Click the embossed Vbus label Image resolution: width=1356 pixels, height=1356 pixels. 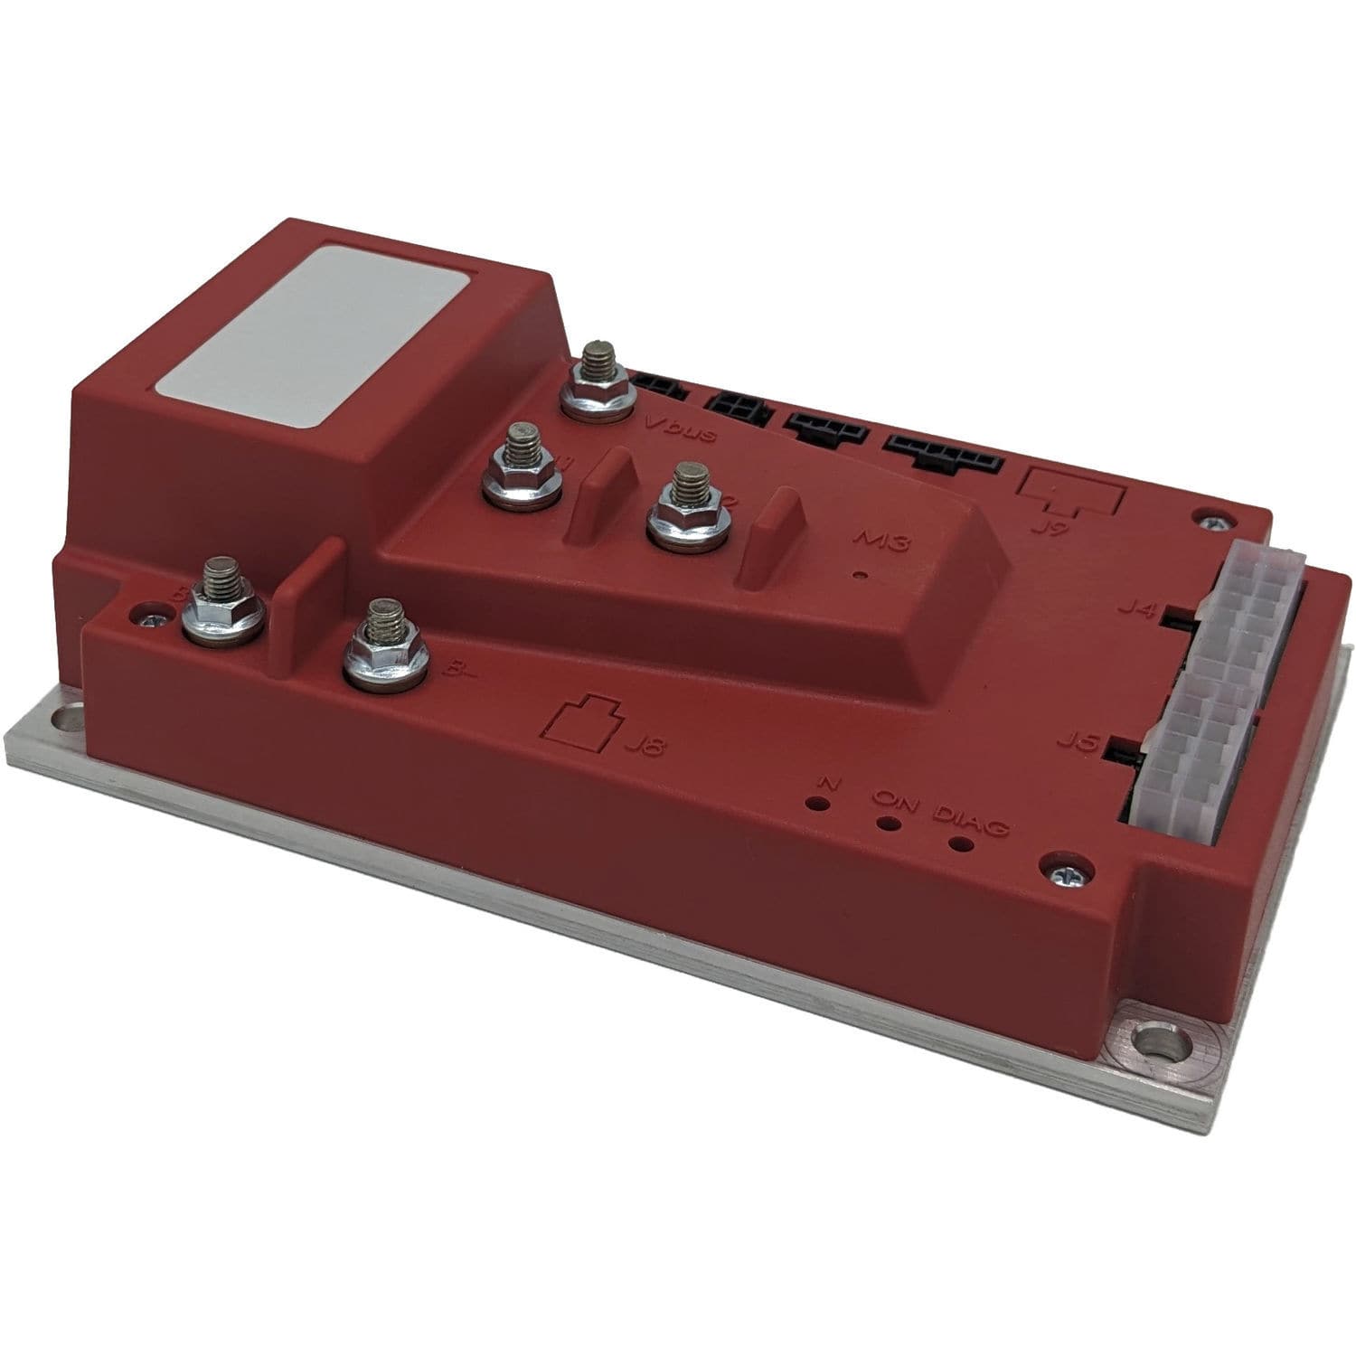[683, 431]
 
